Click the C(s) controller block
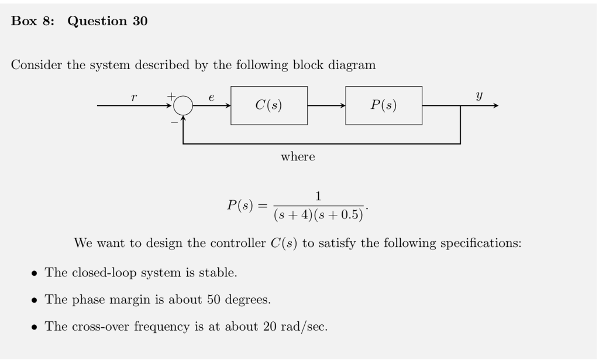tap(268, 105)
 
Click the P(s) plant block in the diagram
tap(383, 105)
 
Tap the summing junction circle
tap(183, 105)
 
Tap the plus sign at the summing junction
tap(172, 95)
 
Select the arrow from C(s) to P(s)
tap(326, 105)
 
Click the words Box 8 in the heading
tap(32, 21)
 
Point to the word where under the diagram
tap(298, 157)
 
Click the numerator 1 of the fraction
tap(318, 196)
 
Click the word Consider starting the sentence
tap(37, 65)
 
